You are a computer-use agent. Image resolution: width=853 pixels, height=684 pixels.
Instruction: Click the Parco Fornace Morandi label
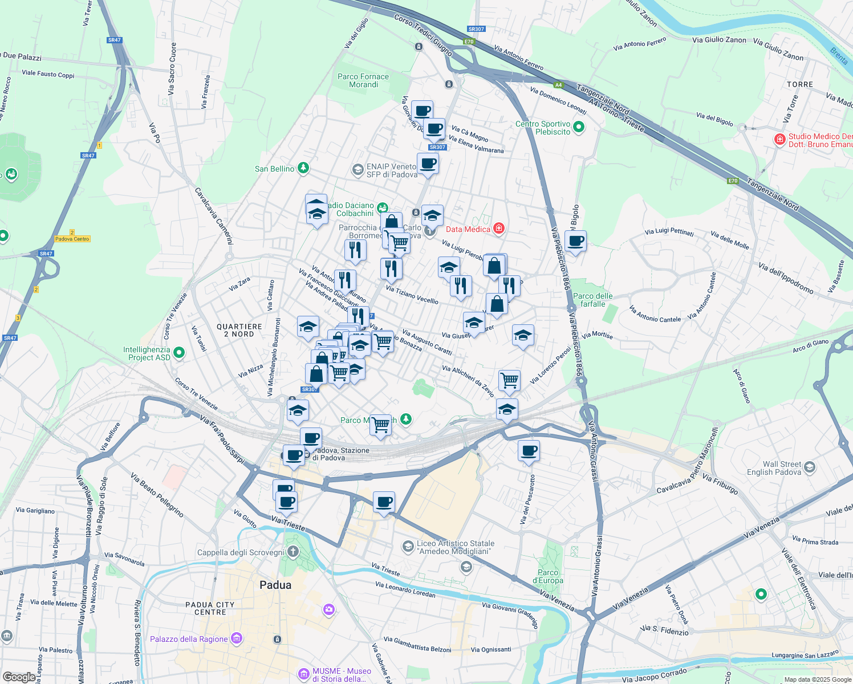tap(363, 80)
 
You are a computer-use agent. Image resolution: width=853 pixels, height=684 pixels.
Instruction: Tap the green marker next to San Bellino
tap(303, 168)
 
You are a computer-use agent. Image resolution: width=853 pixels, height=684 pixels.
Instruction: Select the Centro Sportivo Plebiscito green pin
tap(579, 127)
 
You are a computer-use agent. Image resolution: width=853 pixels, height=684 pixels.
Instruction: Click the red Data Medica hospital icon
tap(499, 229)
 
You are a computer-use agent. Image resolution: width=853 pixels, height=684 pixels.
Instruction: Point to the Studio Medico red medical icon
tap(779, 140)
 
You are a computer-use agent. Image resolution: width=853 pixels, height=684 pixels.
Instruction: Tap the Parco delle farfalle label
tap(593, 300)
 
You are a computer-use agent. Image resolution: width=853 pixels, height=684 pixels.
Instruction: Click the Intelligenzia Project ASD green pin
tap(179, 353)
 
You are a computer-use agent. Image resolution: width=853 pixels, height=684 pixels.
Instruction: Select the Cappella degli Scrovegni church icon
tap(293, 552)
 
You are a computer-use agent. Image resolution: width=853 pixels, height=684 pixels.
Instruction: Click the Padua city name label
tap(275, 585)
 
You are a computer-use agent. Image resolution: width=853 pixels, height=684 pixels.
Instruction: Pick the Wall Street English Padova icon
tap(810, 468)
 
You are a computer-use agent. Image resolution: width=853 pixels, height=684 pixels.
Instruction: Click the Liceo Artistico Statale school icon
tap(408, 547)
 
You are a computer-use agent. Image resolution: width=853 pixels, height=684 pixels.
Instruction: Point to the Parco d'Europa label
tap(548, 576)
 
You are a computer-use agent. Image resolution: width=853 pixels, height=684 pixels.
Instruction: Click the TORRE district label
tap(800, 84)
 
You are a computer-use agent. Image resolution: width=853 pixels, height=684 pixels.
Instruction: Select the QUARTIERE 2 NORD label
tap(239, 330)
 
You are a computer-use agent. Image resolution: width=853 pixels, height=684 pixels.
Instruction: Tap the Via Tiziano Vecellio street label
tap(412, 295)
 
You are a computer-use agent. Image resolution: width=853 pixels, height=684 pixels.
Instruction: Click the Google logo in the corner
tap(19, 677)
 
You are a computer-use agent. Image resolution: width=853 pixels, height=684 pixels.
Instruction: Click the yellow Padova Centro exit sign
tap(72, 239)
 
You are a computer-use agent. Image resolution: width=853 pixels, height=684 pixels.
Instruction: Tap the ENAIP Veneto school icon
tap(358, 170)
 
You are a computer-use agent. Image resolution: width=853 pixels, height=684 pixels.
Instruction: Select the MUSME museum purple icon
tap(304, 675)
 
